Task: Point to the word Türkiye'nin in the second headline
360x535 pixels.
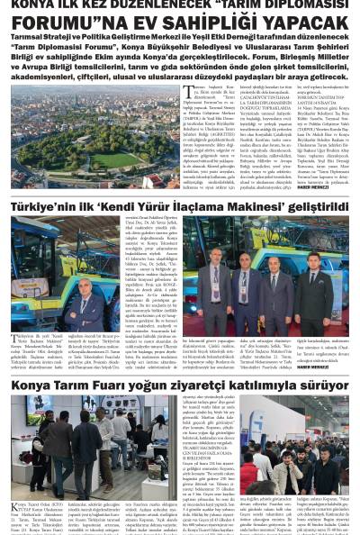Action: (46, 206)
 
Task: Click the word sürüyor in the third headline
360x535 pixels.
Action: (319, 411)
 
